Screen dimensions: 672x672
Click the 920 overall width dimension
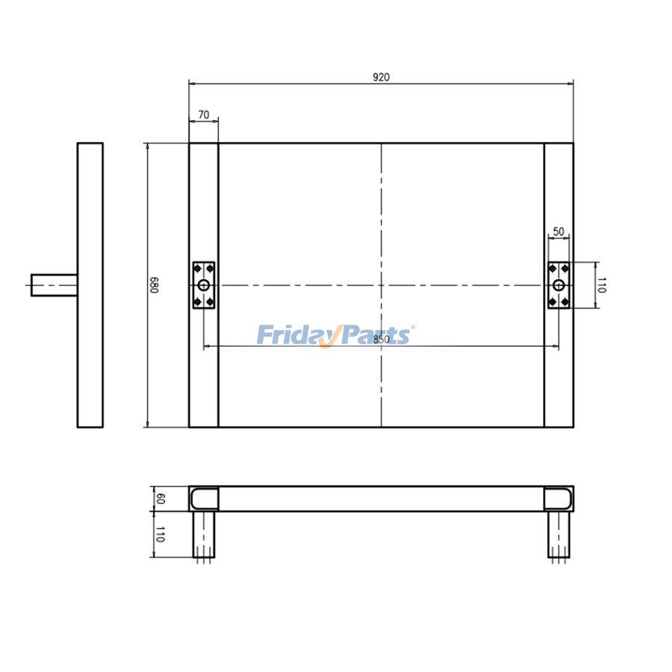click(381, 77)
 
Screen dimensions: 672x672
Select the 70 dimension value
click(203, 115)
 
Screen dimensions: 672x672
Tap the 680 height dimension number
click(154, 284)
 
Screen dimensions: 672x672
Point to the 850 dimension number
click(381, 339)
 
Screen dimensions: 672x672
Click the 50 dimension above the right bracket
click(559, 231)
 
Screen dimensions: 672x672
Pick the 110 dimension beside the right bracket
click(602, 284)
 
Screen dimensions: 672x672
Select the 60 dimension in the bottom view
click(159, 498)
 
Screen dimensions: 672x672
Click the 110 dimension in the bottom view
click(159, 534)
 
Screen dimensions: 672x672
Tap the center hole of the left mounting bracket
click(203, 285)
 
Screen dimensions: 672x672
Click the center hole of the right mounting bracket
click(559, 285)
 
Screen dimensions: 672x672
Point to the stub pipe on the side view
click(54, 284)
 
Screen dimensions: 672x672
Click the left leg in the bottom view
click(204, 534)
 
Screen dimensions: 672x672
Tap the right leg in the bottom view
click(558, 534)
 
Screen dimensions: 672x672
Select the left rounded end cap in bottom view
click(203, 498)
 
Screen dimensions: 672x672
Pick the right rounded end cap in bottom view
click(559, 498)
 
